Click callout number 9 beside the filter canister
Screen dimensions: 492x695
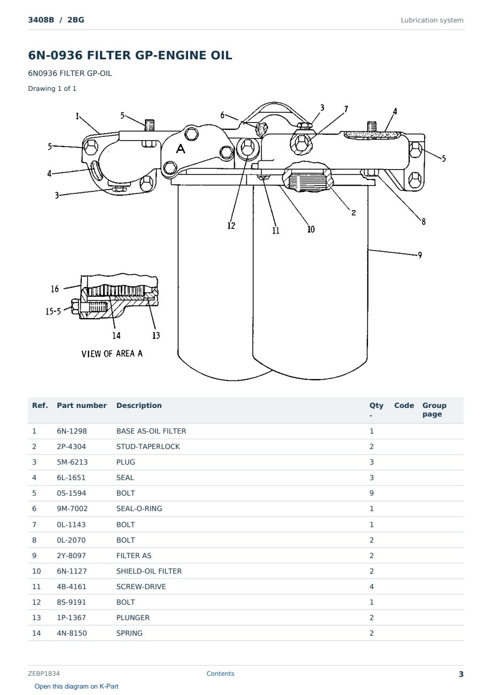click(420, 255)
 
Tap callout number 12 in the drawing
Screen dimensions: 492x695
click(231, 226)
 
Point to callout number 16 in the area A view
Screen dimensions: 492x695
click(55, 289)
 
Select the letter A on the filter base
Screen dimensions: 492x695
click(181, 149)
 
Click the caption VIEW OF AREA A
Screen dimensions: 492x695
click(112, 354)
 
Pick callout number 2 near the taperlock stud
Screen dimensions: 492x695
click(353, 213)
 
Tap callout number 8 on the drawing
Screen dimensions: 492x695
click(424, 221)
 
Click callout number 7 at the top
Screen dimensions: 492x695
click(346, 109)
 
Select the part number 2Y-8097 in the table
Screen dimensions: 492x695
click(71, 555)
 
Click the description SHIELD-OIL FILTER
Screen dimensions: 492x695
click(149, 571)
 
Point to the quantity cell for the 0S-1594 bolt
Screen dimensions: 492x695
click(372, 493)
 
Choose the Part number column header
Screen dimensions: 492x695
click(82, 406)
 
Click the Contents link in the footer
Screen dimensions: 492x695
click(220, 674)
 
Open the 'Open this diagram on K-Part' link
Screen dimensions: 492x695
click(76, 686)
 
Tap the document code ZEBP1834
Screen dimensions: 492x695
click(44, 674)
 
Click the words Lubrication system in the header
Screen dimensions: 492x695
click(432, 20)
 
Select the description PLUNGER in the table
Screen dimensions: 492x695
click(133, 617)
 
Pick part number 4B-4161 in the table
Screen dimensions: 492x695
click(72, 586)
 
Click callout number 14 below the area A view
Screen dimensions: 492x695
click(116, 335)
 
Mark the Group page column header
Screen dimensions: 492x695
click(434, 410)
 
